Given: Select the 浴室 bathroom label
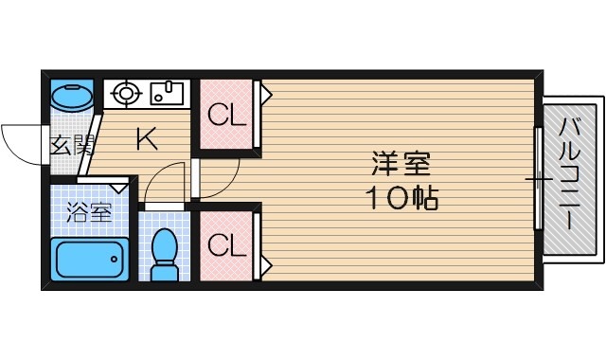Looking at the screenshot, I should [88, 211].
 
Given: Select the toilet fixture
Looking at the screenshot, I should [166, 252].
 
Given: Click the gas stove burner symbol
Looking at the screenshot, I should [126, 93].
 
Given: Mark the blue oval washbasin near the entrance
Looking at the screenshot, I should [71, 96].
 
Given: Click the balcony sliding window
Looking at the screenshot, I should [538, 177].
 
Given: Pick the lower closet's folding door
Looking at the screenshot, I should [263, 244].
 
